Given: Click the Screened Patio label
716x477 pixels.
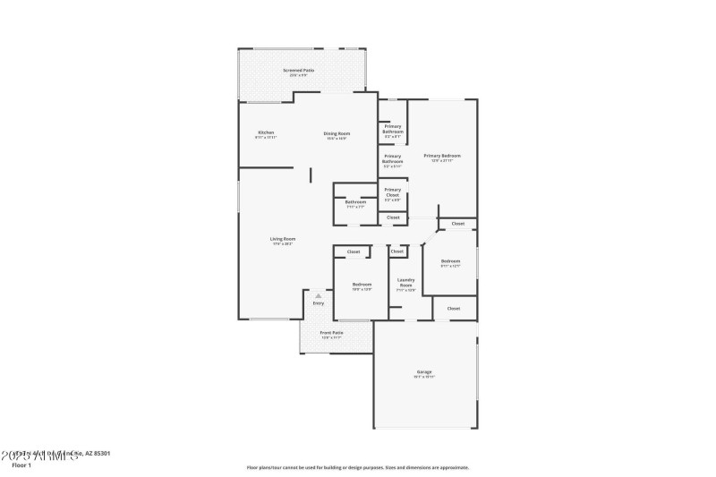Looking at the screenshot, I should pos(298,70).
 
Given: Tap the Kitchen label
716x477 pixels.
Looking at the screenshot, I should pos(266,132).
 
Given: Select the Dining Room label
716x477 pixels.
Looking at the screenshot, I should pos(337,133).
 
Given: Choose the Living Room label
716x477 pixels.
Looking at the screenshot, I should pos(283,239).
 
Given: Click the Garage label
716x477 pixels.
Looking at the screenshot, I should pos(424,371).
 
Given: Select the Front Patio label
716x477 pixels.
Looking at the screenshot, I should pos(332,333).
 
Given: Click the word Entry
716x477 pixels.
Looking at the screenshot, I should pos(318,303).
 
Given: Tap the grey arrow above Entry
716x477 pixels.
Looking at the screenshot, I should pos(318,294).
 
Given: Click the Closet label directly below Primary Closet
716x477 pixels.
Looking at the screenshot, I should pos(393,217).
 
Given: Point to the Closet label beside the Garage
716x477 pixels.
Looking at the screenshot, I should pos(454,308).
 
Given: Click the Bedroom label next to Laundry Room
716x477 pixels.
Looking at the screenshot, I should pos(362,285).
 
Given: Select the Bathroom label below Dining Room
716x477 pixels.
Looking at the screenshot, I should pos(355,202).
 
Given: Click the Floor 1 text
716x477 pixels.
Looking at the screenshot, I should pos(21,465).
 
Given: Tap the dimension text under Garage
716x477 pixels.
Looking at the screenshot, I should pos(424,377).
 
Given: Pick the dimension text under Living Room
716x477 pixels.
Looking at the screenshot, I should pos(283,244).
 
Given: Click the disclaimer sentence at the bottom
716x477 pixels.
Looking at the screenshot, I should pos(357,467).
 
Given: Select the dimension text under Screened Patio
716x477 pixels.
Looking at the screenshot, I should pos(298,75).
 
